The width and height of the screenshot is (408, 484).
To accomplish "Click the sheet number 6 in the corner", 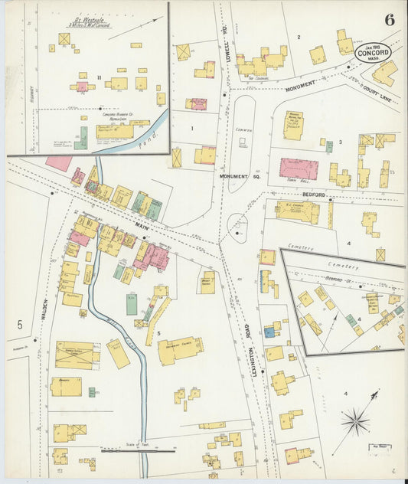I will pos(390,20).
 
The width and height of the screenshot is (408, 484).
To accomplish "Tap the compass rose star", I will pos(354,420).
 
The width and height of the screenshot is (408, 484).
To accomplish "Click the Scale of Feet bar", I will pos(127,450).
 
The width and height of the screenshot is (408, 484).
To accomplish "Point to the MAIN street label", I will pos(142,225).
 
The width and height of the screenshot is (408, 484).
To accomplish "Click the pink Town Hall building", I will pos(298,168).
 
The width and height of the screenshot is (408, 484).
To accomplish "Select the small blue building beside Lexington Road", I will pos(270,332).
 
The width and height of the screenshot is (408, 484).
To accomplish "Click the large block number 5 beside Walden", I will pos(19,325).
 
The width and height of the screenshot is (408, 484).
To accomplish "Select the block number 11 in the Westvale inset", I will pos(99,77).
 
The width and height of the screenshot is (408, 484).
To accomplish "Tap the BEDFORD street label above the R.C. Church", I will pos(313,195).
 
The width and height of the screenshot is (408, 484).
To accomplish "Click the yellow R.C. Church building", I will pos(298,211).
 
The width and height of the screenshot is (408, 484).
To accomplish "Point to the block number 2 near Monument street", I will pos(299,37).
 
